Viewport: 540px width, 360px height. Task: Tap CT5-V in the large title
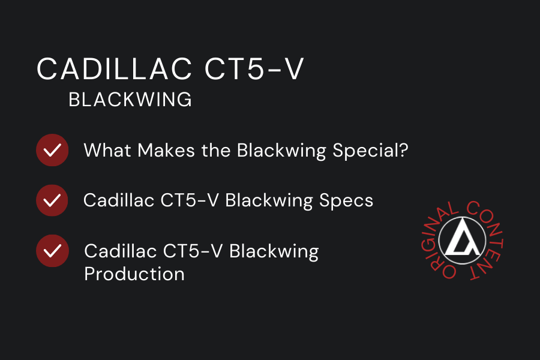pos(254,70)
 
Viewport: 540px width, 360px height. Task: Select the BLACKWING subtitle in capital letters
pos(130,100)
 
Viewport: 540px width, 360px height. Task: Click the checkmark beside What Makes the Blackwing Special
pos(52,150)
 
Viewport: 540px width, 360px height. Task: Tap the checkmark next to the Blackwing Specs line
pos(52,200)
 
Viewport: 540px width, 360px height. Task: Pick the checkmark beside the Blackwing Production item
pos(52,250)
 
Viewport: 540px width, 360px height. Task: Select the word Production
pos(134,274)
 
